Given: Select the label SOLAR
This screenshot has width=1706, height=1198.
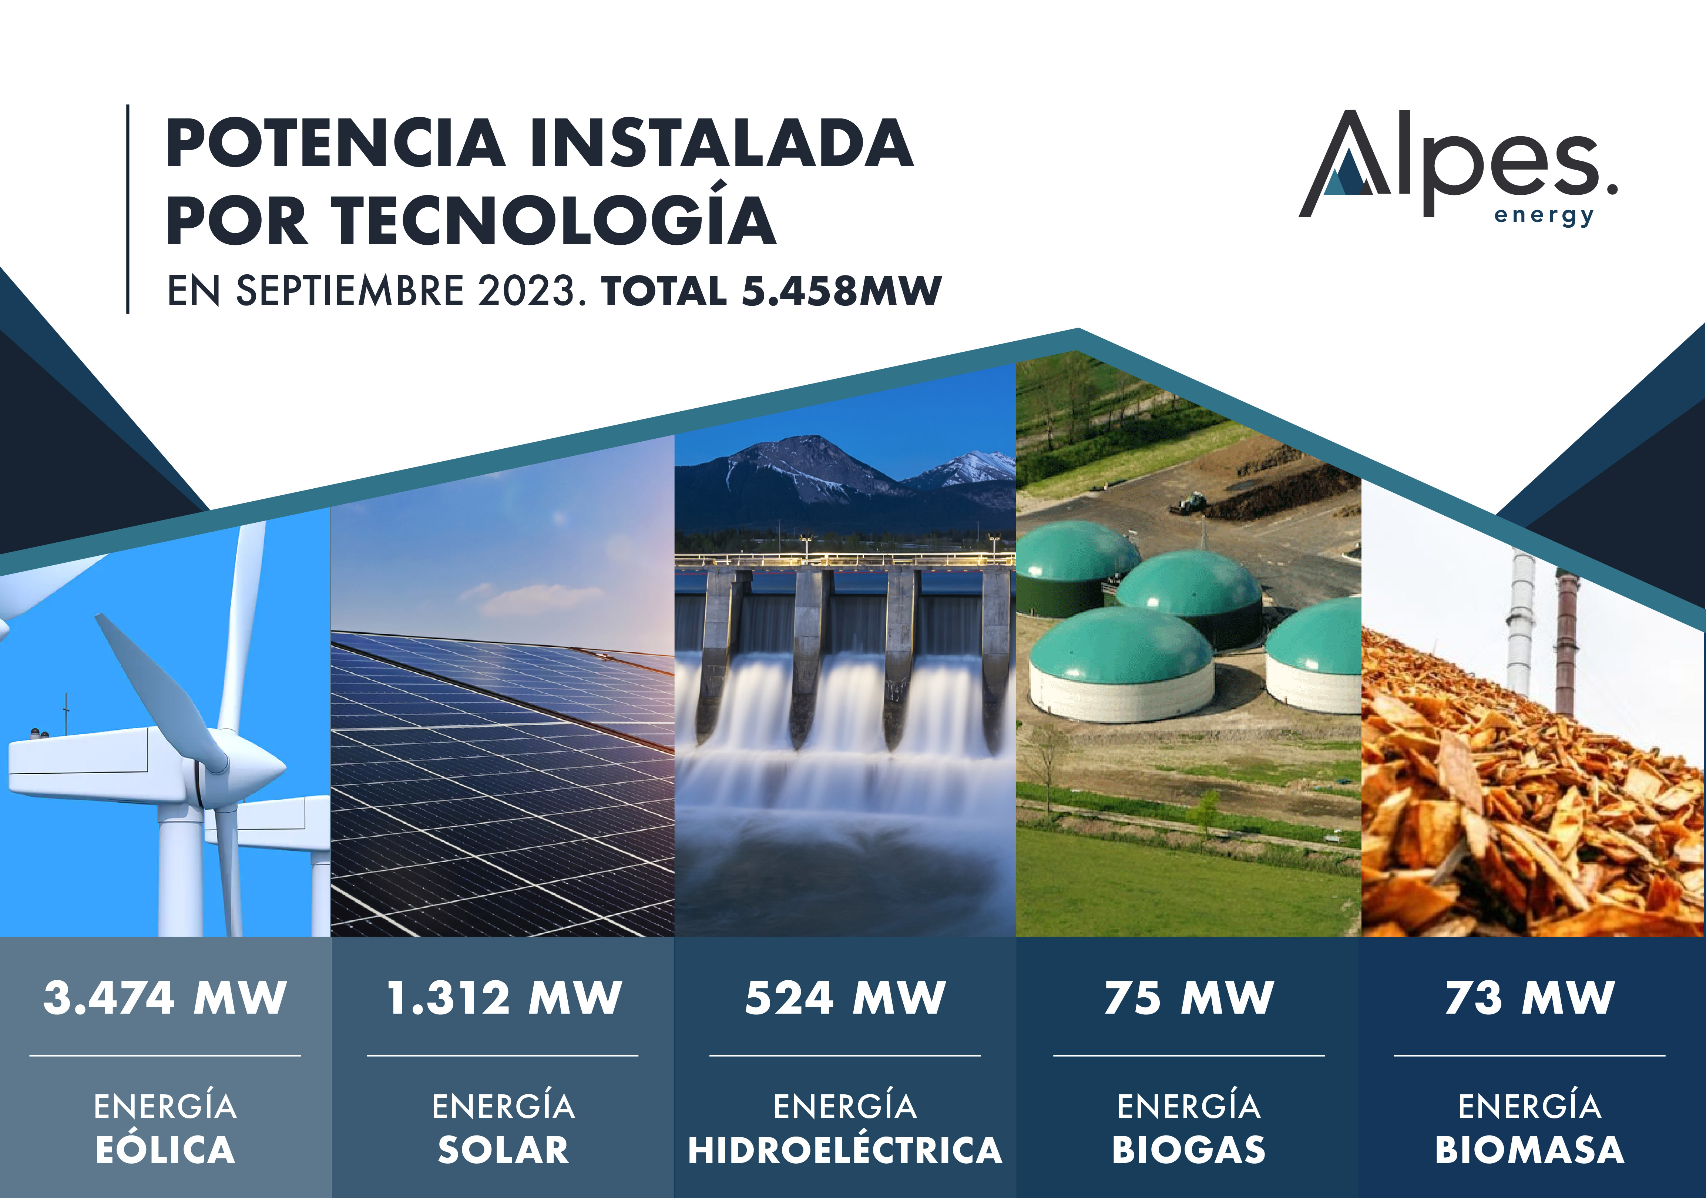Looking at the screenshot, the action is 504,1150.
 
